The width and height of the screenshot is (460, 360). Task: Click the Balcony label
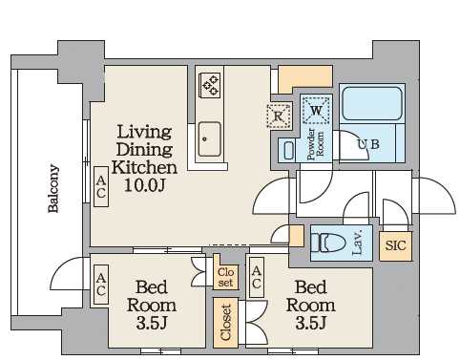point(53,188)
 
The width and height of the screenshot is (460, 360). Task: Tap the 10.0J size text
point(145,184)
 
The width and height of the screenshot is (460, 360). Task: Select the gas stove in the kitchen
point(209,85)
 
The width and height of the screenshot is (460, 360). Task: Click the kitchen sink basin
point(210,139)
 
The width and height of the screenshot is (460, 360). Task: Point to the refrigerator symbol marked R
point(279,116)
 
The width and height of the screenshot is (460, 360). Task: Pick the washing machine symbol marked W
point(316,111)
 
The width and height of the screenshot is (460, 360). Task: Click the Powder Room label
point(316,144)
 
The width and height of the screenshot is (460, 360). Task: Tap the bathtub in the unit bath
point(372,103)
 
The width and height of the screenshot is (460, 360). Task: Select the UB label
point(368,144)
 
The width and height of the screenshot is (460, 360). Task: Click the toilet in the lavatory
point(328,243)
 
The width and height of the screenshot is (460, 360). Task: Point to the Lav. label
point(358,243)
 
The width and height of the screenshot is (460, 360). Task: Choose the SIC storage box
point(396,246)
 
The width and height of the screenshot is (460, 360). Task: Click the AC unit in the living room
point(101,187)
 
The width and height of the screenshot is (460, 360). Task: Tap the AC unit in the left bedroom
point(101,285)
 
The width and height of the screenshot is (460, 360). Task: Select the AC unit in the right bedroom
point(257,277)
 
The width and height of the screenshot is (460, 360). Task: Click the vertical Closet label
point(225,323)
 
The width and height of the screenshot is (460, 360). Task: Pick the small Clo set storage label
point(225,277)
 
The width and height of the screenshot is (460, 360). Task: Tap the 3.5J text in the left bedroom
point(152,323)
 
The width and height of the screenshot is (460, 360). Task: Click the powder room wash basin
point(288,151)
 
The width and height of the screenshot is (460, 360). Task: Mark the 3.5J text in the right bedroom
point(311,323)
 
